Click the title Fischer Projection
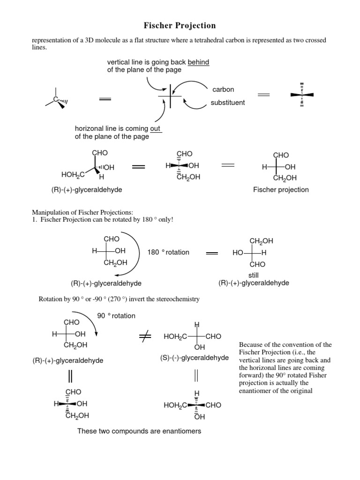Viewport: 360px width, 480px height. [x=180, y=25]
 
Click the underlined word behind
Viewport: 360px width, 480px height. [x=198, y=62]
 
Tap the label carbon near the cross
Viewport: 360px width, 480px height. [x=223, y=89]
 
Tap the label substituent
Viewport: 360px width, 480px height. [x=227, y=103]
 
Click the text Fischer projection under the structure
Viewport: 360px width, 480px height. [x=281, y=189]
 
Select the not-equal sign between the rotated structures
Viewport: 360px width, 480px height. [x=145, y=336]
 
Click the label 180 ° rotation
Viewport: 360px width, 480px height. [x=168, y=252]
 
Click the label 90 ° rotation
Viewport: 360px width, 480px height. [x=116, y=315]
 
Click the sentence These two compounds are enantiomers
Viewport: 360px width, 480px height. [x=139, y=431]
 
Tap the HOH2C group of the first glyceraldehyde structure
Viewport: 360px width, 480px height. [x=72, y=174]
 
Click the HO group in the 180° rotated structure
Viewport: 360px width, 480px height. [x=238, y=253]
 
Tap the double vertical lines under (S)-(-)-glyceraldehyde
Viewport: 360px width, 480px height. [x=197, y=375]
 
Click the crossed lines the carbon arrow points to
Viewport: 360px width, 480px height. [x=170, y=97]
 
